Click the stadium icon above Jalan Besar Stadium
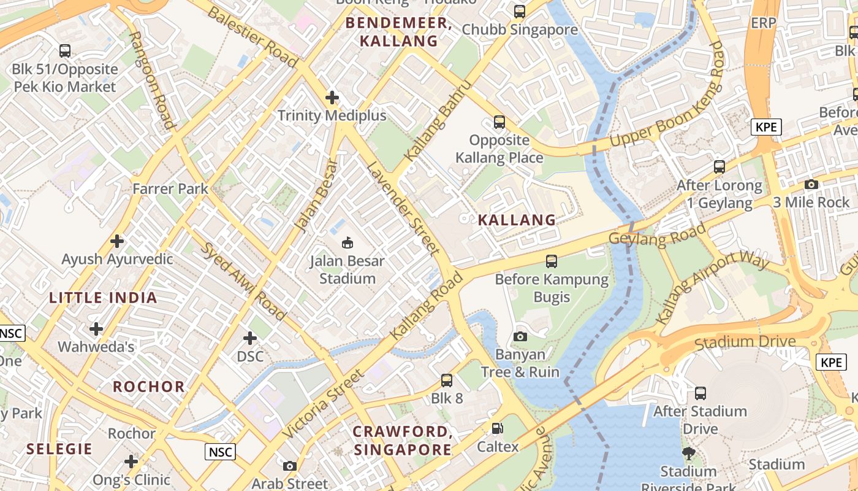(347, 243)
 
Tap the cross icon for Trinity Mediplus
(332, 98)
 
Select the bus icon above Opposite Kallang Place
(499, 122)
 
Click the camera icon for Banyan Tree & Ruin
(520, 336)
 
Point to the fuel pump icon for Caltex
(498, 428)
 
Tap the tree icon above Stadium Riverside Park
(689, 454)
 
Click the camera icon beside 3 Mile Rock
(811, 184)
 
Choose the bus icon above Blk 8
(447, 381)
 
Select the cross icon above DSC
(250, 338)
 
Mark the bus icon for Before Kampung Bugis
(552, 261)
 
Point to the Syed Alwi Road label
(243, 281)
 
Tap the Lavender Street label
(403, 208)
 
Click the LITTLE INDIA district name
(103, 298)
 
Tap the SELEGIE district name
(59, 449)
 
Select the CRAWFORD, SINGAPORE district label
(403, 440)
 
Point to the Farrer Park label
(170, 189)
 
